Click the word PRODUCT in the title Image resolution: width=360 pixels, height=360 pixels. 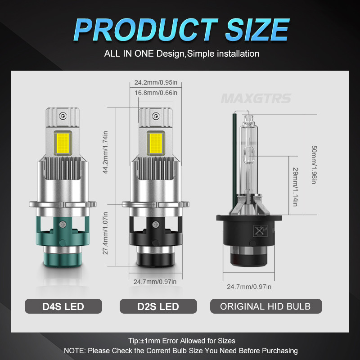tap(145, 30)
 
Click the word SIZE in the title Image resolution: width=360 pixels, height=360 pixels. tap(257, 30)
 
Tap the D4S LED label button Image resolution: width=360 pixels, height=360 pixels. tap(63, 306)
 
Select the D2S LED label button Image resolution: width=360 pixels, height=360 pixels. tap(158, 306)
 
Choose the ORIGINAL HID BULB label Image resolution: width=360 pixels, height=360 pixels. tap(266, 306)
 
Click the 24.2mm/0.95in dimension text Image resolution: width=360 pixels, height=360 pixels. tap(156, 82)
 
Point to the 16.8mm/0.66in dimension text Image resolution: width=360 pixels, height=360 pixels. tap(156, 93)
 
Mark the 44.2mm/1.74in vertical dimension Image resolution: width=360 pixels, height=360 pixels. tap(105, 152)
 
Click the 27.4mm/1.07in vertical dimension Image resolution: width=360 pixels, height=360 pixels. tap(105, 233)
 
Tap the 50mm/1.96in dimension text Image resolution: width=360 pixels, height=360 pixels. tap(314, 165)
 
